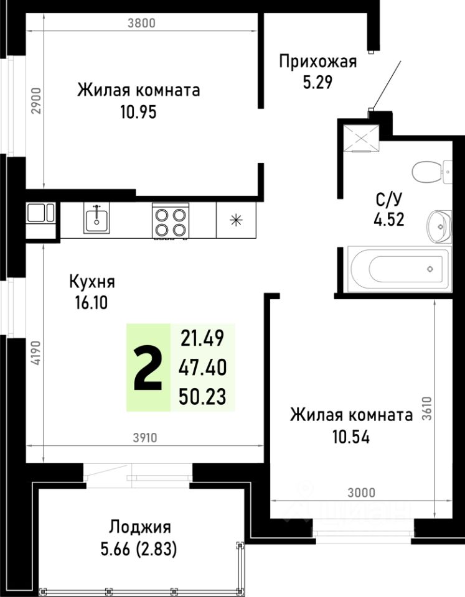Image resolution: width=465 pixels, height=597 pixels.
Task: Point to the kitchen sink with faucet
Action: pos(96,218)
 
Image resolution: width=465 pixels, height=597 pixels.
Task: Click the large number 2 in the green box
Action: pos(148,368)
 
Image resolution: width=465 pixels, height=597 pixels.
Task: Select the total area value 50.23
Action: pos(202,396)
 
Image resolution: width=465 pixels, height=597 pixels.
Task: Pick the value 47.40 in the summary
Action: pos(202,368)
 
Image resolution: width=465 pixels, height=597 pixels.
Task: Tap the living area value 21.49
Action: pos(202,339)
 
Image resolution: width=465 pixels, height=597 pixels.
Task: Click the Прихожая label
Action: pos(317,62)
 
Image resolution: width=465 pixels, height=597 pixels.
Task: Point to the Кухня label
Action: pos(92,282)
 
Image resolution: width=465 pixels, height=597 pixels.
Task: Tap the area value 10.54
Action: pos(350,437)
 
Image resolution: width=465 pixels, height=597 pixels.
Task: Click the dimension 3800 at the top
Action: pos(139,24)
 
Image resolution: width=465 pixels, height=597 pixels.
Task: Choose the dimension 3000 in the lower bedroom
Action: pos(361,493)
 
